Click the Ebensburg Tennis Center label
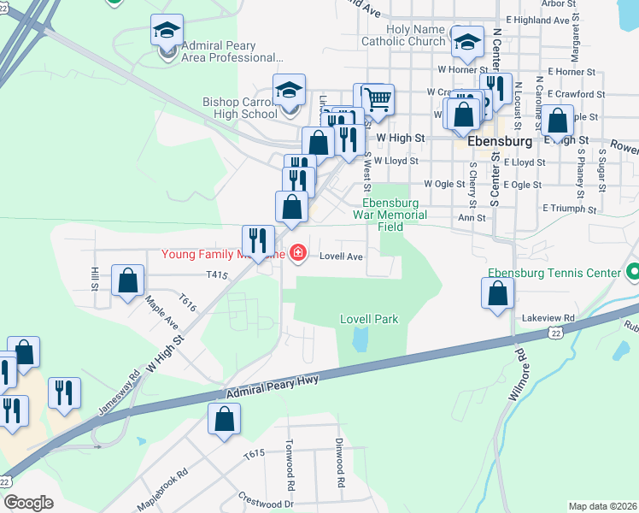click(x=554, y=273)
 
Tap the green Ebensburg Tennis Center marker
click(x=632, y=274)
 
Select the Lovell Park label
click(x=369, y=319)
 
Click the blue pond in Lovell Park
click(x=361, y=340)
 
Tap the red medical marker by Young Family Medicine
click(x=297, y=252)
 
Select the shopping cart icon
click(x=377, y=100)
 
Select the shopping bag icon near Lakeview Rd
click(x=497, y=294)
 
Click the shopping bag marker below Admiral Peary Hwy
click(x=224, y=419)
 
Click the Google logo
click(x=29, y=503)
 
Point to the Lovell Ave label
click(x=342, y=256)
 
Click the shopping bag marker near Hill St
click(x=128, y=280)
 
